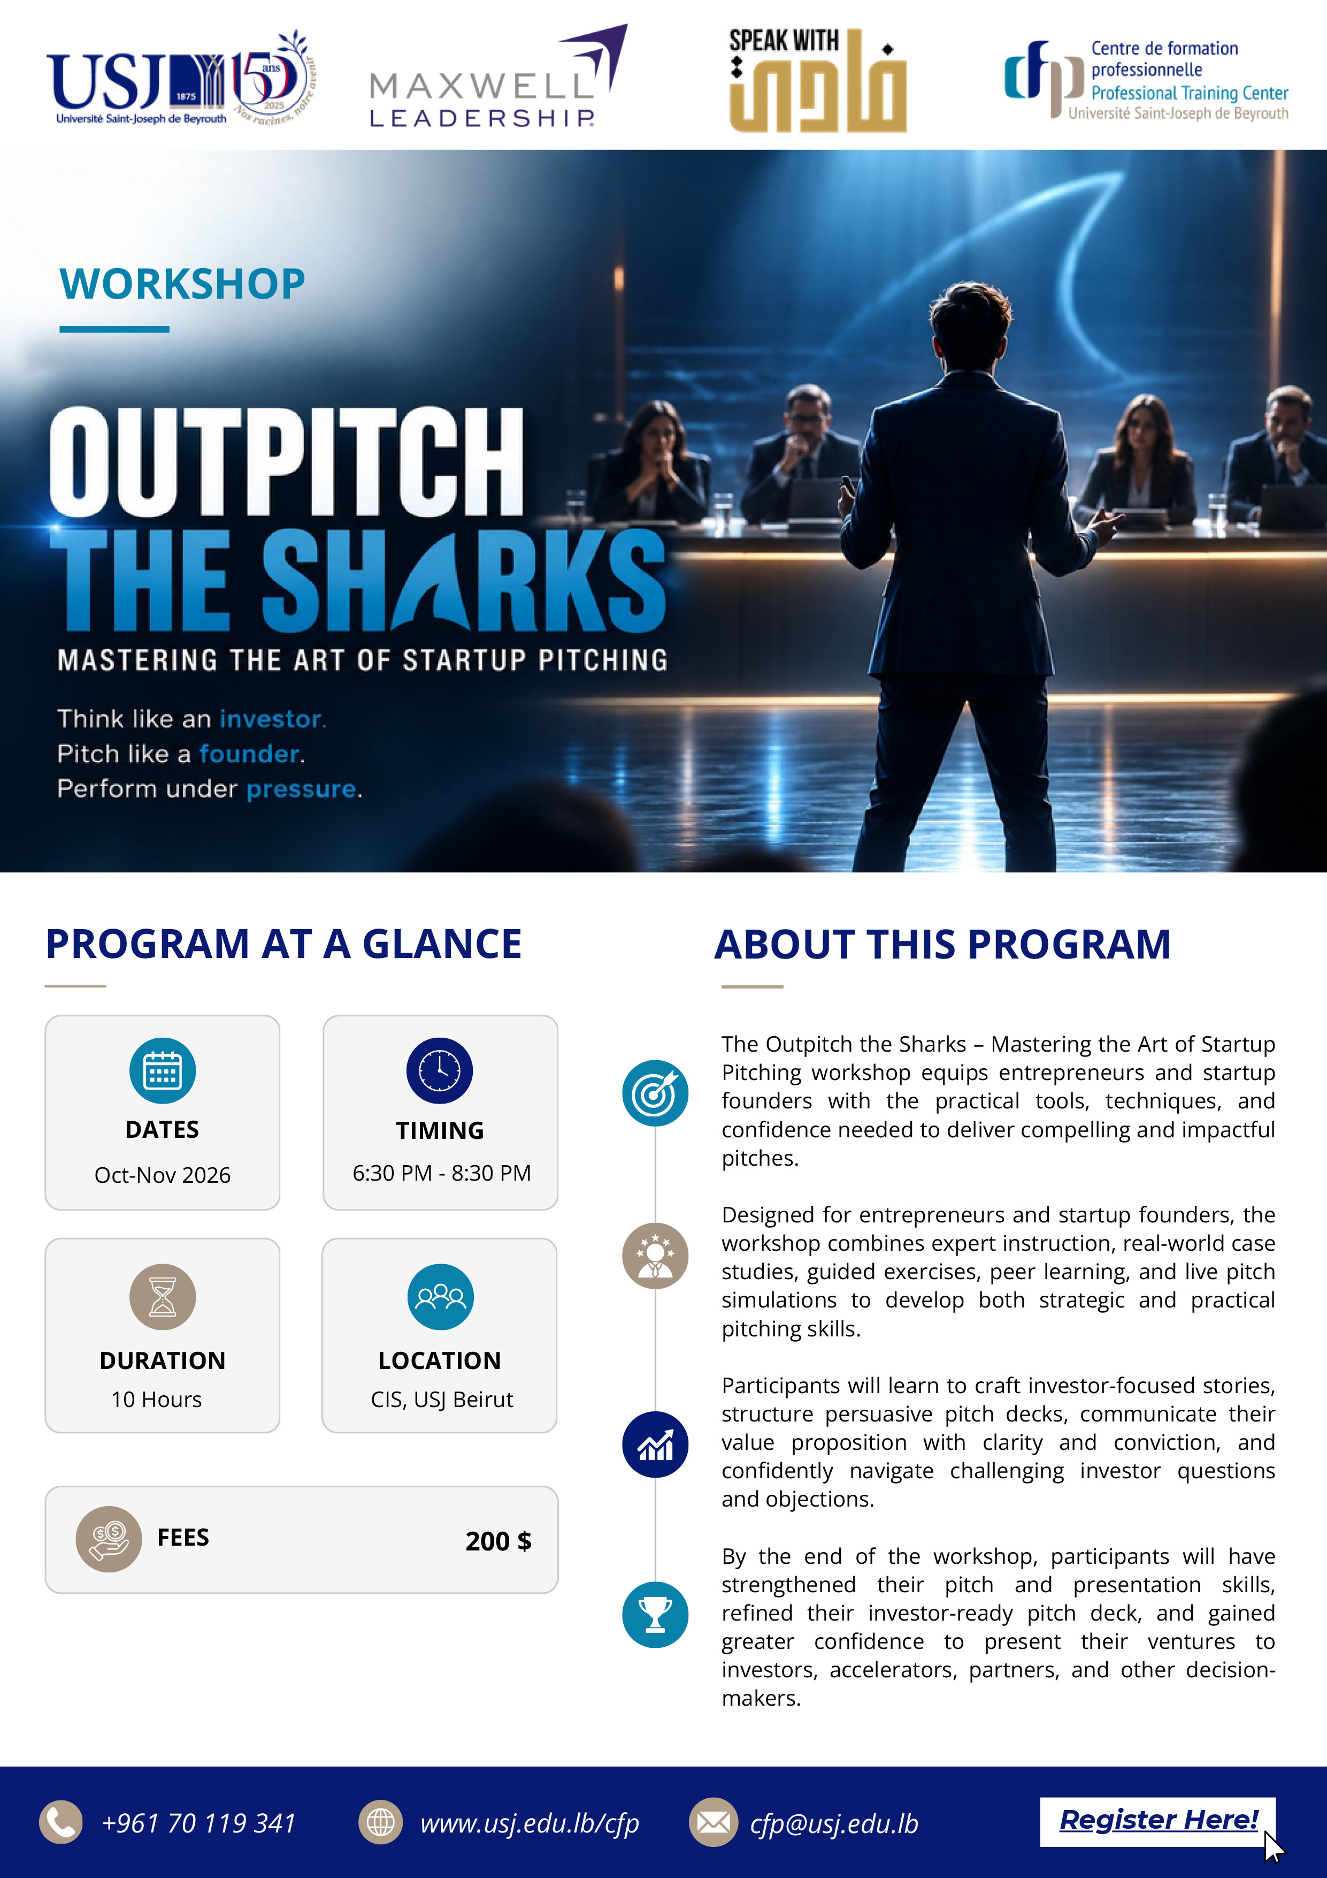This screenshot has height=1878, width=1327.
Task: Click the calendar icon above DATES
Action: (x=162, y=1071)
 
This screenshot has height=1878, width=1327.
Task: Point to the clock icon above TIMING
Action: (x=440, y=1071)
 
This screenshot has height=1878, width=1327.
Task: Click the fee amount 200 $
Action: (x=498, y=1541)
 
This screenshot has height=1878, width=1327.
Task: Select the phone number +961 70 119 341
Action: (x=198, y=1823)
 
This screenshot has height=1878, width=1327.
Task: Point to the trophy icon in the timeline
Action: (x=655, y=1615)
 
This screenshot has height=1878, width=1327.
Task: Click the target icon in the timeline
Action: (x=655, y=1093)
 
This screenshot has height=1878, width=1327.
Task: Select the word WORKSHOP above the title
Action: (x=182, y=284)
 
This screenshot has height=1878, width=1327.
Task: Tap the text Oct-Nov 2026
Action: (x=163, y=1175)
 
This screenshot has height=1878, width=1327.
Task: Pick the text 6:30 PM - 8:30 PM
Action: (x=441, y=1173)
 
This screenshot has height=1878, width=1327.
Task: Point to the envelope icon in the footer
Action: (x=713, y=1822)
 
